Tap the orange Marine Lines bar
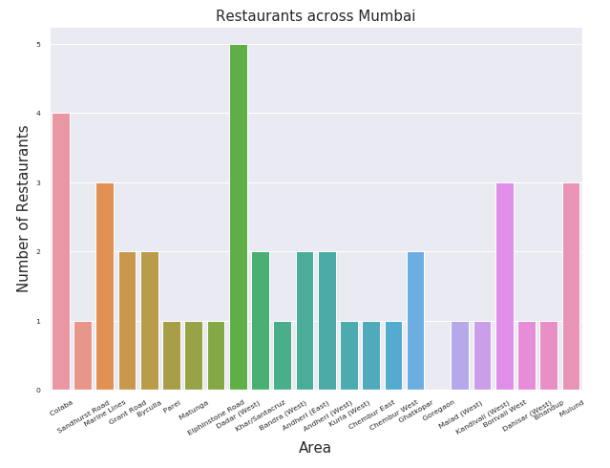105,287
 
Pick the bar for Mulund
571,287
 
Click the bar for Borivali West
504,287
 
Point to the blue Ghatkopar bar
415,321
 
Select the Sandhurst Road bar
83,355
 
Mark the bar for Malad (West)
460,355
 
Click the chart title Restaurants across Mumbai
315,16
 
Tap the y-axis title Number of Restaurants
24,208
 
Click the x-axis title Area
315,448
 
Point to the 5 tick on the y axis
38,45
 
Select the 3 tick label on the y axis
38,183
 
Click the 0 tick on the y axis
38,390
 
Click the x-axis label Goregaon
438,412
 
